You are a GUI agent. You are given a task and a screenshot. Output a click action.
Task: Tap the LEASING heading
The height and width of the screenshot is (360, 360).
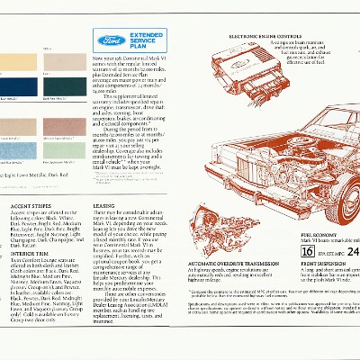105,206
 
